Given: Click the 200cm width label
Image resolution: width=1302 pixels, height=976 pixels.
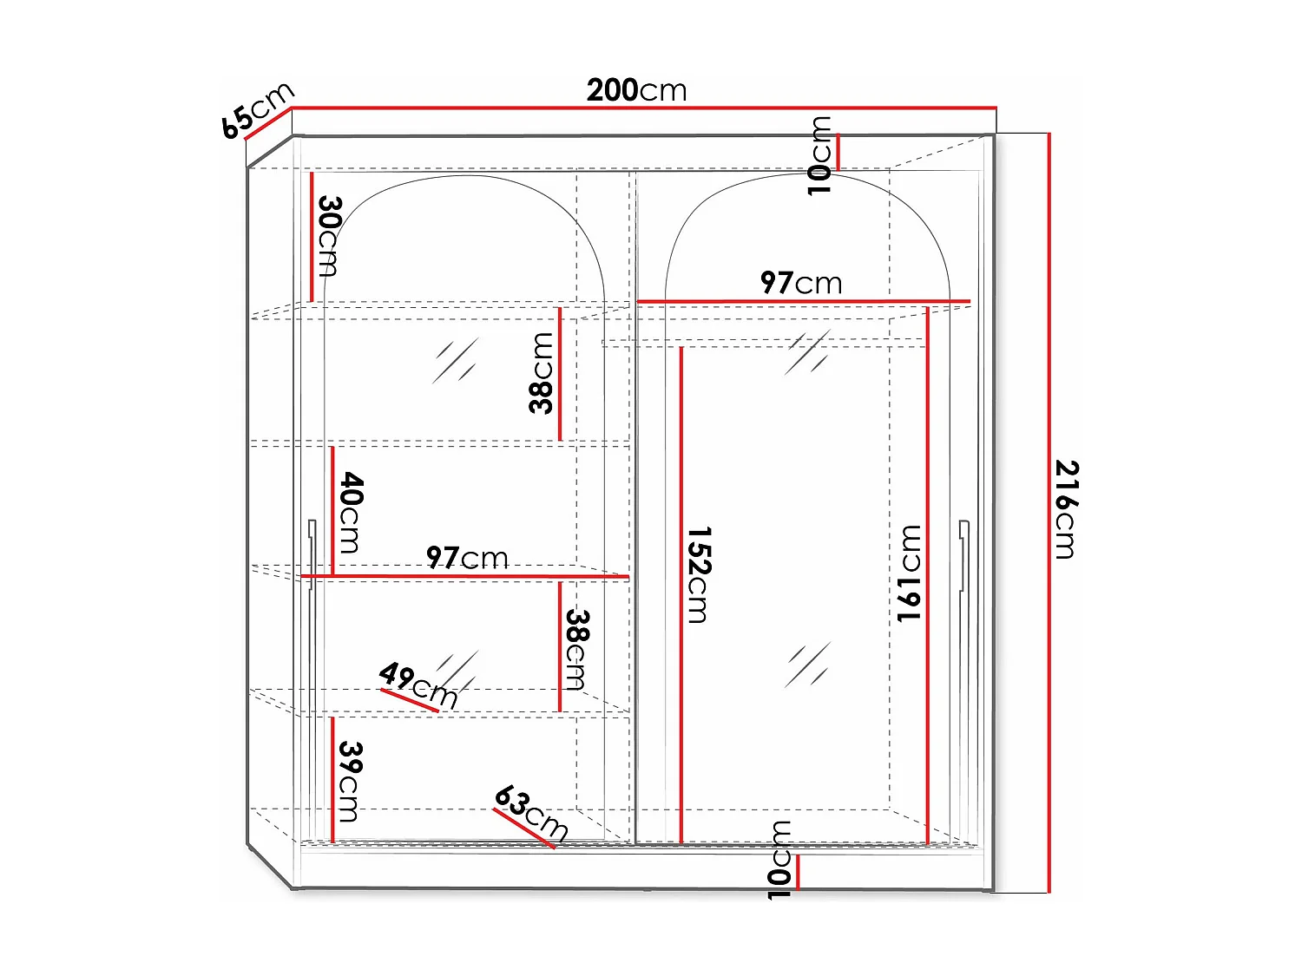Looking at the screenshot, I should (636, 90).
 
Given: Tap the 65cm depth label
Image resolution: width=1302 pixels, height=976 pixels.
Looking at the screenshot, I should (257, 110).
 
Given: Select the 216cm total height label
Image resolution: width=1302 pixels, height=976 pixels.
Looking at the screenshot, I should (1066, 509).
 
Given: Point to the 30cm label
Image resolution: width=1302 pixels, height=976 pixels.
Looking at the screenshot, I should (329, 235).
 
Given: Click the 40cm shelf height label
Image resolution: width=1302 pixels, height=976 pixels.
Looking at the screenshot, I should (350, 512).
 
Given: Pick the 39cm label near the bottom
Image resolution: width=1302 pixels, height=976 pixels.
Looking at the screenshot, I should (349, 781).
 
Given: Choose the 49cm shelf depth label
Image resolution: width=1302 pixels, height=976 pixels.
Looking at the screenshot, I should (418, 684).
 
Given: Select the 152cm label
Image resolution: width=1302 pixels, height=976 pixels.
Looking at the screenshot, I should (699, 574).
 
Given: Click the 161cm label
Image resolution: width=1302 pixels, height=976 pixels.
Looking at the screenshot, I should (909, 573).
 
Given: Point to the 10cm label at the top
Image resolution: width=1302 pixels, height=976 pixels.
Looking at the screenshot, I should (819, 156).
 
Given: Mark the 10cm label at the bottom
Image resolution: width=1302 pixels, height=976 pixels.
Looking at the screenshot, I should (780, 860).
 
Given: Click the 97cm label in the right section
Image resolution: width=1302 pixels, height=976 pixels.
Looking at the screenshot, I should (800, 283).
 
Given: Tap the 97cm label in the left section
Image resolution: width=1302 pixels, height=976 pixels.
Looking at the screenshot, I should (467, 558).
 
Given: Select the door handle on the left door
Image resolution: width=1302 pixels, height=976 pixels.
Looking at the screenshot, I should (312, 555).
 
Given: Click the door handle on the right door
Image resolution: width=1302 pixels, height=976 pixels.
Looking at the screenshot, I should (963, 555).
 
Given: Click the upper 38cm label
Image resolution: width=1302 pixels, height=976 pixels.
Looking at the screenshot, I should (542, 373).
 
